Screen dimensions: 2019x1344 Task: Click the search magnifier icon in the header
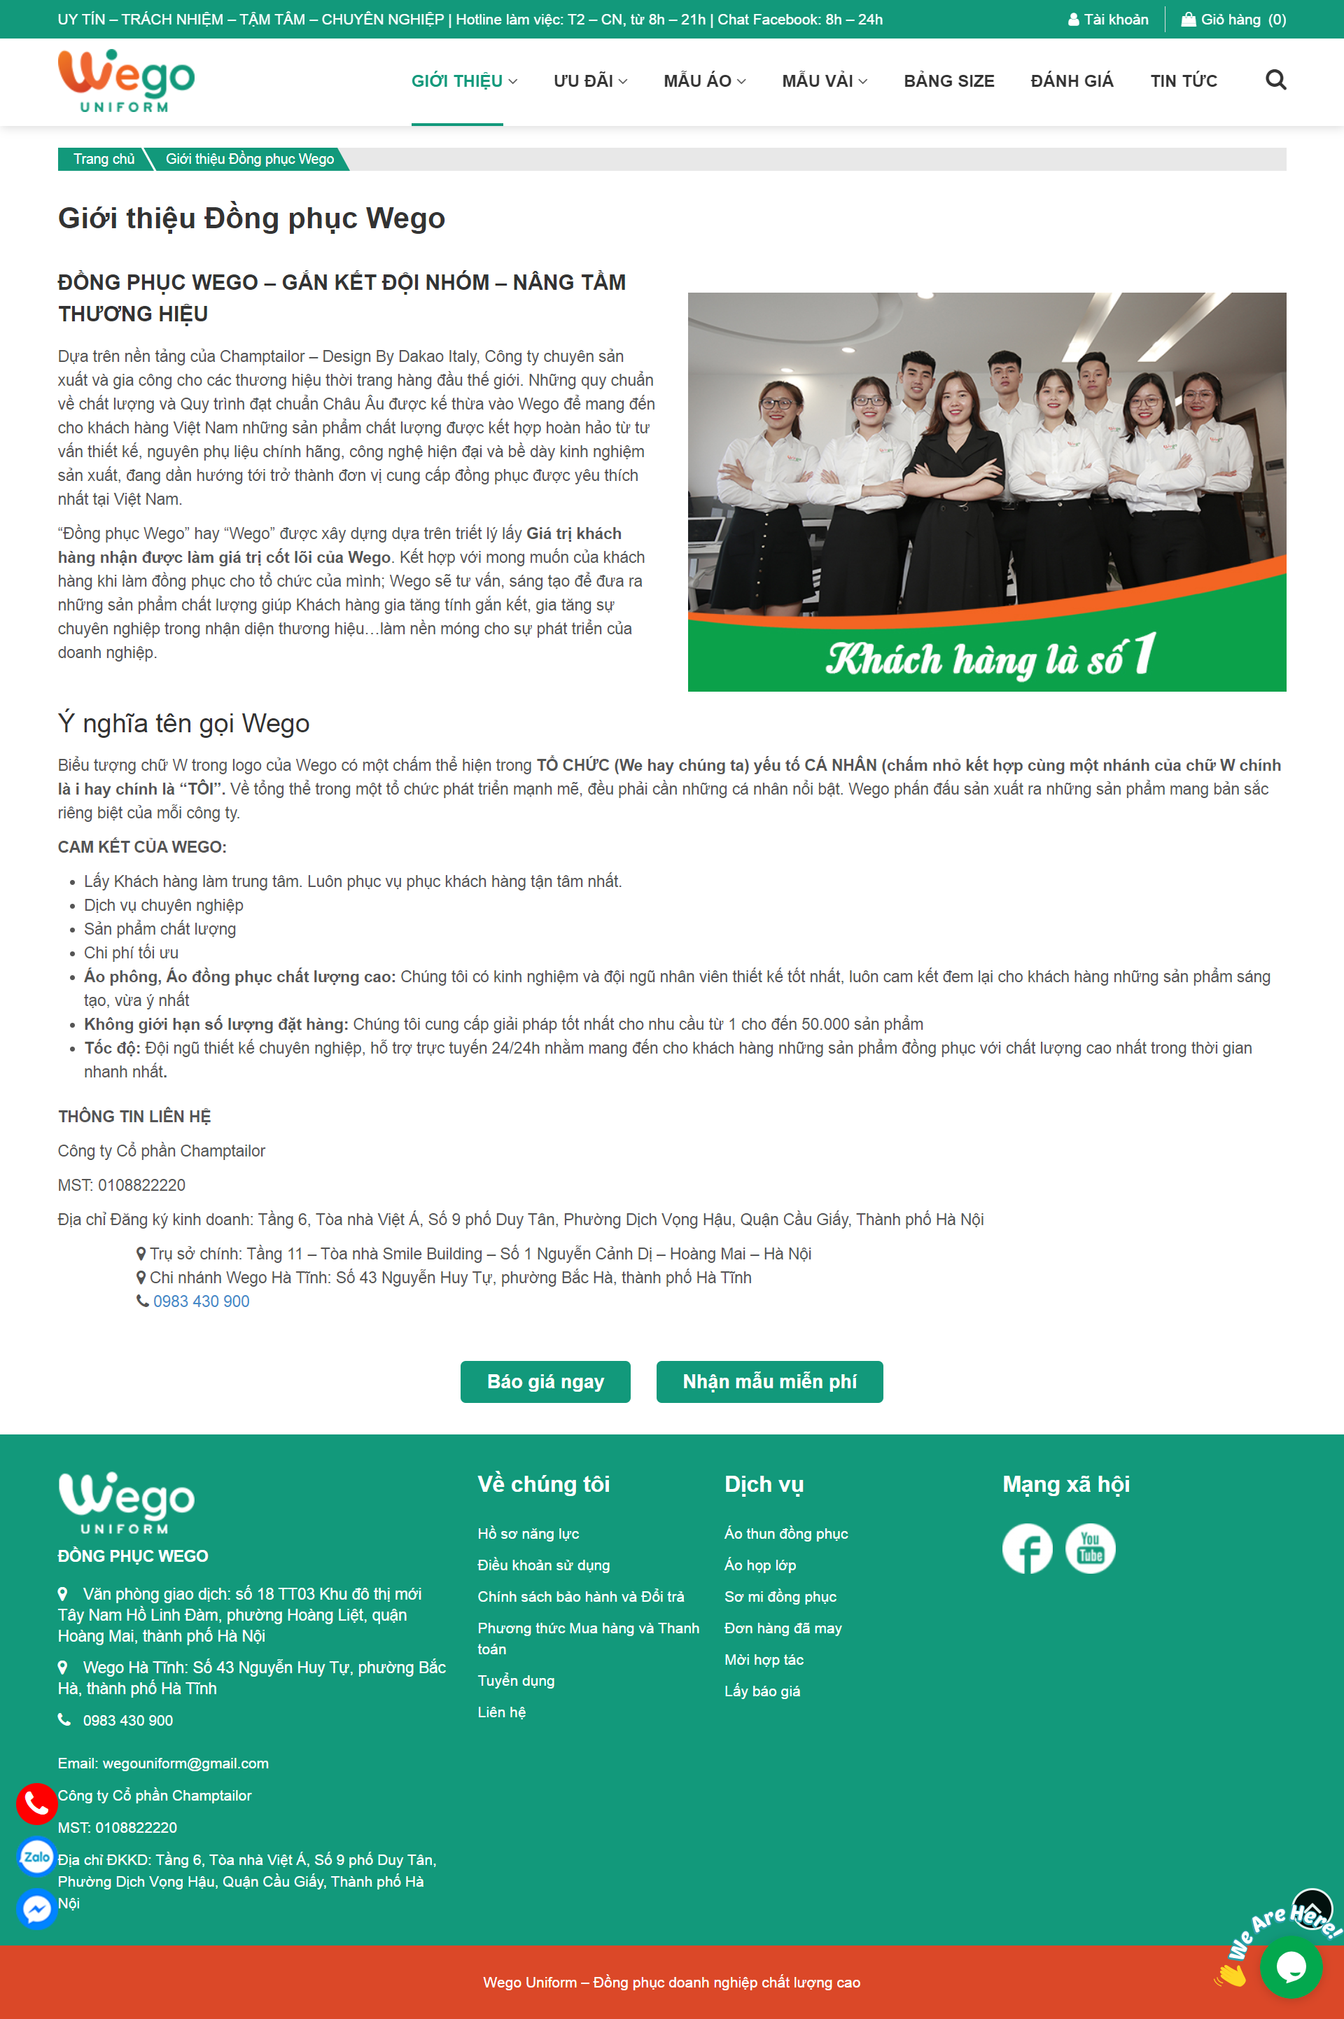[1275, 81]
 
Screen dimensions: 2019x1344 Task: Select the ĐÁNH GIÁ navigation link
[1072, 81]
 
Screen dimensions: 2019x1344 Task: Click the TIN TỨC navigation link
[1183, 81]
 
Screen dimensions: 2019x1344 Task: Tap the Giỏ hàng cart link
[1233, 20]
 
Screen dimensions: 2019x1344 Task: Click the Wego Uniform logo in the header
[126, 81]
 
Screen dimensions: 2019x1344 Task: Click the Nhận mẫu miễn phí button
[769, 1381]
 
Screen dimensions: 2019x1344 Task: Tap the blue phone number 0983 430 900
[202, 1301]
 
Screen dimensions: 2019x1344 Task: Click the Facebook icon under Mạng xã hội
[1027, 1549]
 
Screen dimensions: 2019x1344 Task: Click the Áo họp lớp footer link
[759, 1565]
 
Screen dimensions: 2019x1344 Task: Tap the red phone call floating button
[36, 1804]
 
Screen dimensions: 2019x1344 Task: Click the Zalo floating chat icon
[36, 1857]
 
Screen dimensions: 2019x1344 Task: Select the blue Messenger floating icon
[36, 1908]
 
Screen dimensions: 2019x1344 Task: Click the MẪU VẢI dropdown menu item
[824, 81]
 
